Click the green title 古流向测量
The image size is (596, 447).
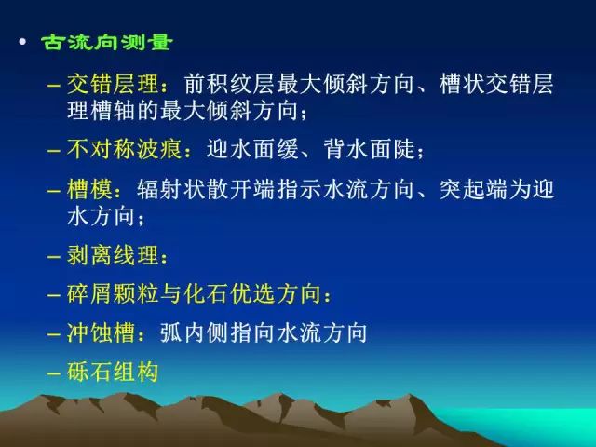click(107, 42)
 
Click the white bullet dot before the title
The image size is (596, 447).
click(22, 41)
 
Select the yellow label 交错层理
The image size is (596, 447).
click(113, 84)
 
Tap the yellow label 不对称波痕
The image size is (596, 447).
click(124, 149)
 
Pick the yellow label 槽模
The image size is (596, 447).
click(89, 189)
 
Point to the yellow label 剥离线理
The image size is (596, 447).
click(113, 254)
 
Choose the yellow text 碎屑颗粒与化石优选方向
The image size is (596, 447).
click(194, 293)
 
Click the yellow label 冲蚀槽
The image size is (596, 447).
click(102, 332)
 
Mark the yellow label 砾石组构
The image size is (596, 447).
click(113, 372)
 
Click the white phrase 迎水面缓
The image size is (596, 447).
click(252, 149)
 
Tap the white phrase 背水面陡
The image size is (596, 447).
click(369, 149)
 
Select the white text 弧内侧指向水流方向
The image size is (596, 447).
click(264, 332)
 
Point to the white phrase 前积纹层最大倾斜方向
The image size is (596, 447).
click(299, 84)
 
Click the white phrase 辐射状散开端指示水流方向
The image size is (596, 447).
click(276, 189)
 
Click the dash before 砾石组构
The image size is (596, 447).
click(54, 373)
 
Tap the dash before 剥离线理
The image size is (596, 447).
click(54, 257)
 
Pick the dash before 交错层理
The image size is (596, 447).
click(54, 86)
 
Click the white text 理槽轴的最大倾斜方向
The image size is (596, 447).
click(183, 111)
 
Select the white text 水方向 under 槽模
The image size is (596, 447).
click(102, 216)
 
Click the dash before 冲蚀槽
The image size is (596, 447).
click(54, 334)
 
